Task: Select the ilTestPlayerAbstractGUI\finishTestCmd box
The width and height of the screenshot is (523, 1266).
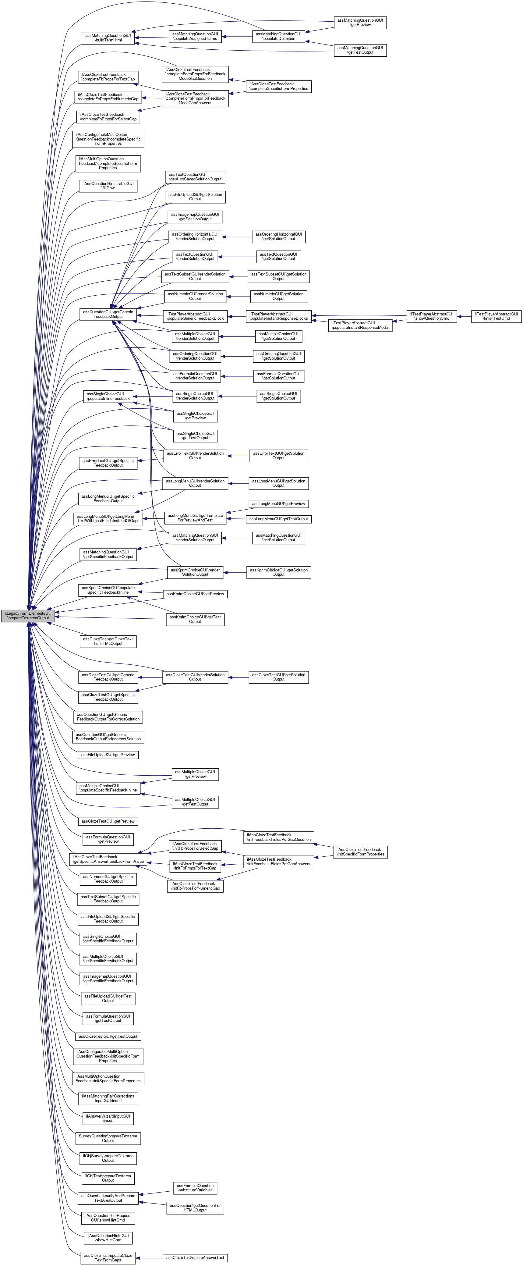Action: (x=496, y=316)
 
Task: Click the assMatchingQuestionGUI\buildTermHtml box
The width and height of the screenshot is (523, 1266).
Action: (x=108, y=38)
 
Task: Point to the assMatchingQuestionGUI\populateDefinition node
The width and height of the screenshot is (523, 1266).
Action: (x=278, y=36)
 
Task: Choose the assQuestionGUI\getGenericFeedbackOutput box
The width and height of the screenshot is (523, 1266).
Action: (x=108, y=314)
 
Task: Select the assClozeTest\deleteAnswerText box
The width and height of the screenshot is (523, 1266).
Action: (x=195, y=1258)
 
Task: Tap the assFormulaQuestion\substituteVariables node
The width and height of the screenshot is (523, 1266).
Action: (x=195, y=1188)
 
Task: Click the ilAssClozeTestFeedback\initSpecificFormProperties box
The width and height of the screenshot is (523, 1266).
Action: (x=360, y=852)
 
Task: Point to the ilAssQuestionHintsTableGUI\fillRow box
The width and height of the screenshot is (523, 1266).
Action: (x=108, y=186)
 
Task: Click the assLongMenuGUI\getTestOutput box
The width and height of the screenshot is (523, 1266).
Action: (x=278, y=519)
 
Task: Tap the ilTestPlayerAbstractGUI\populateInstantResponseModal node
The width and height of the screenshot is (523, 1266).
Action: (x=360, y=325)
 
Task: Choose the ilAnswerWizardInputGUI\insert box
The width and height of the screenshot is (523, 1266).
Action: (x=108, y=1118)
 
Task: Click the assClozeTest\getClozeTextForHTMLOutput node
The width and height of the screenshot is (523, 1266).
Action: (x=108, y=641)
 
